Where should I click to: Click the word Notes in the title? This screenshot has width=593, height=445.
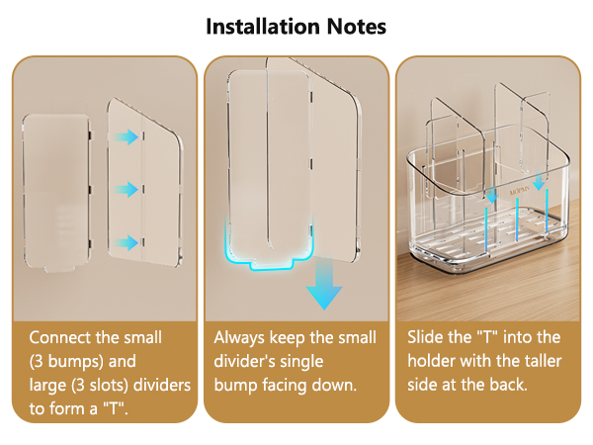(356, 27)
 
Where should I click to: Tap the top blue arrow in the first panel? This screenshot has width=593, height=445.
(127, 137)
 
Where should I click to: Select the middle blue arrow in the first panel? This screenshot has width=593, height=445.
(127, 189)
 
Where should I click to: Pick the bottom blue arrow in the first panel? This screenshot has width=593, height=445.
(127, 242)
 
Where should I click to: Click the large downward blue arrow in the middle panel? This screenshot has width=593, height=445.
(324, 284)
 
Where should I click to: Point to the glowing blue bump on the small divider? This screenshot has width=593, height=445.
(271, 264)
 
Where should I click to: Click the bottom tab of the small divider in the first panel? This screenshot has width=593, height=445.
(59, 269)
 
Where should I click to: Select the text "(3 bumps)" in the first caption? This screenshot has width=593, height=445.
(66, 361)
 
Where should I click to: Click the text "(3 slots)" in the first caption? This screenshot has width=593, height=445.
(100, 386)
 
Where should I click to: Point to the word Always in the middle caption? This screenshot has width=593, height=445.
(239, 338)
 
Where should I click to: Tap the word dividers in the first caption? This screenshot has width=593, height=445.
(162, 386)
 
